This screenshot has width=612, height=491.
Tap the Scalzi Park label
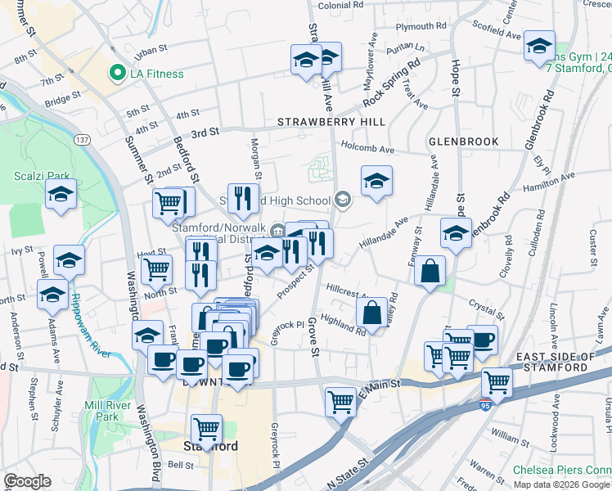[x=34, y=175]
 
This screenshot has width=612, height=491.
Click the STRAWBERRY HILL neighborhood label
[x=331, y=122]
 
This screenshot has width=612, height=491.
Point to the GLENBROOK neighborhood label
[x=463, y=142]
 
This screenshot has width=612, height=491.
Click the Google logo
[x=27, y=481]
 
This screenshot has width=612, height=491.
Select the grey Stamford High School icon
[x=342, y=200]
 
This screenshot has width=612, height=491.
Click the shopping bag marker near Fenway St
[x=430, y=271]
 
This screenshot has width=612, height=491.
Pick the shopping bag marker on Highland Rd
[x=371, y=313]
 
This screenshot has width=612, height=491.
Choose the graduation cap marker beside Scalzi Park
[x=61, y=194]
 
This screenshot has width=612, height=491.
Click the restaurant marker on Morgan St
[x=243, y=197]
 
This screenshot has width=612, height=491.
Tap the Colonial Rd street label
[x=340, y=5]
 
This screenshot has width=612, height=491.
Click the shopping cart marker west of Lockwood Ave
[x=497, y=381]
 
